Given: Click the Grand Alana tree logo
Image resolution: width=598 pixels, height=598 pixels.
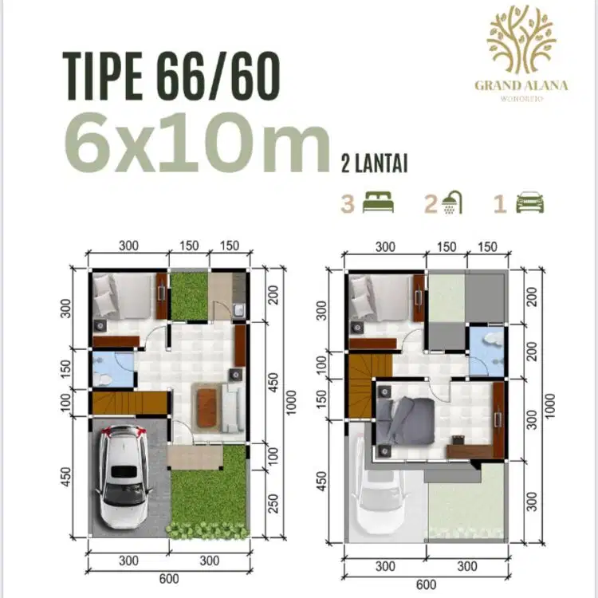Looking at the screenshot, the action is click(x=521, y=40).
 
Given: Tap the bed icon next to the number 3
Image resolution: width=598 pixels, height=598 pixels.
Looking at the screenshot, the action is click(x=378, y=203).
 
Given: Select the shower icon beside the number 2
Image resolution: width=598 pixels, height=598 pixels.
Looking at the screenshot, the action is click(x=452, y=203).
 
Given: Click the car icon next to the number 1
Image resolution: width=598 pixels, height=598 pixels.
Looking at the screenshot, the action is click(x=530, y=203).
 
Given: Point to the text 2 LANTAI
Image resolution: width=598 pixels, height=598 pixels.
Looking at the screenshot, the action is click(x=374, y=163).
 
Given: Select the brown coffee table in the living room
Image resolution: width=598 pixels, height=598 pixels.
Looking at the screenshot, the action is click(x=207, y=407).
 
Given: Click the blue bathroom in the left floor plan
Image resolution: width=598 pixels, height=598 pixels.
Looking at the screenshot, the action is click(x=113, y=369).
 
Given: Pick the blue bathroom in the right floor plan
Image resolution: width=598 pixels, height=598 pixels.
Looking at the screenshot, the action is click(x=486, y=352).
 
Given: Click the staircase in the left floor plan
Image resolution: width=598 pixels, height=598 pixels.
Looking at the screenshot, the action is click(x=130, y=403).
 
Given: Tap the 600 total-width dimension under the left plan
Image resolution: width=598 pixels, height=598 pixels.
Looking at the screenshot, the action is click(x=168, y=579).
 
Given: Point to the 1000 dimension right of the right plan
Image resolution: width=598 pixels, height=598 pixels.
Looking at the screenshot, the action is click(x=550, y=405).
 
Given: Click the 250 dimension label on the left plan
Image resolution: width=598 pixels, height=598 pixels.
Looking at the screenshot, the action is click(x=273, y=503).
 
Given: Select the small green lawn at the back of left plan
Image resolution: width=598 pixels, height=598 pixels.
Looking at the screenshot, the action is click(x=189, y=297).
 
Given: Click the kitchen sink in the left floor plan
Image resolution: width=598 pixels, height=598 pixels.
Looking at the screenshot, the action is click(x=239, y=309).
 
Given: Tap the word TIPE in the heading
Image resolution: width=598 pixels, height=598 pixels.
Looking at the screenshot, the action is click(x=103, y=77).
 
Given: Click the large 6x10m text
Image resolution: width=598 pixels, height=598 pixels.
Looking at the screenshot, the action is click(x=197, y=142).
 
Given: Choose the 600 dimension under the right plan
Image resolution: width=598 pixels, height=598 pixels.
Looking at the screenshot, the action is click(x=426, y=584).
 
